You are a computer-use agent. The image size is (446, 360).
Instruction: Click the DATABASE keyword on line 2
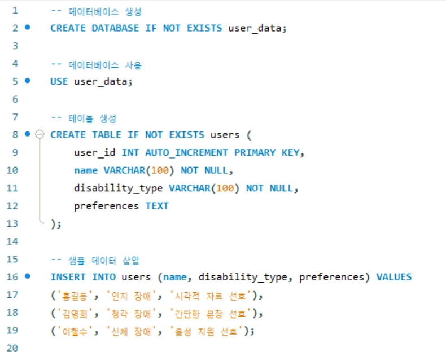(x=115, y=28)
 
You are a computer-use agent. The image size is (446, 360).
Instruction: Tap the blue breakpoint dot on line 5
(x=28, y=81)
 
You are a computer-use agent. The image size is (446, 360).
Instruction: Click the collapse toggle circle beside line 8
(x=40, y=134)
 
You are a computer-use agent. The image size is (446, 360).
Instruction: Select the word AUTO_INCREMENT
(x=186, y=153)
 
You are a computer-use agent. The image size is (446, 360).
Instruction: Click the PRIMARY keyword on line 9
(x=255, y=153)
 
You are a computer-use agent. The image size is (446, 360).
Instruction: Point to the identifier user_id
(x=94, y=153)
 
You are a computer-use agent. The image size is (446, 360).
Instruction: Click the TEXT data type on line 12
(x=157, y=206)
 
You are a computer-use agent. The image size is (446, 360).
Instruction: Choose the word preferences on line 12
(x=106, y=206)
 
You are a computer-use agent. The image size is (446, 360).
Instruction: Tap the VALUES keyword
(x=394, y=277)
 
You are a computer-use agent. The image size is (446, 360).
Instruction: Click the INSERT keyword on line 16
(x=68, y=277)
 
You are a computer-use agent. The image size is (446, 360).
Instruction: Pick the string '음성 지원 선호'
(x=207, y=331)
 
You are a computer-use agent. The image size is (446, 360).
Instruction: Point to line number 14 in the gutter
(x=12, y=242)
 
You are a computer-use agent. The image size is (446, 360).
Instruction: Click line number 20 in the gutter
(x=12, y=348)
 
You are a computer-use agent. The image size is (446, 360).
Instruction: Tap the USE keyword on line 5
(x=59, y=82)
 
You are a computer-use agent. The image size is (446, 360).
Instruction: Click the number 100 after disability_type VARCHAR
(x=225, y=188)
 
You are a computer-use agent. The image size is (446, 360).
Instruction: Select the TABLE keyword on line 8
(x=107, y=135)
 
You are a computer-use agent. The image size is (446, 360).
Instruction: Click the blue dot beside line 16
(x=28, y=276)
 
